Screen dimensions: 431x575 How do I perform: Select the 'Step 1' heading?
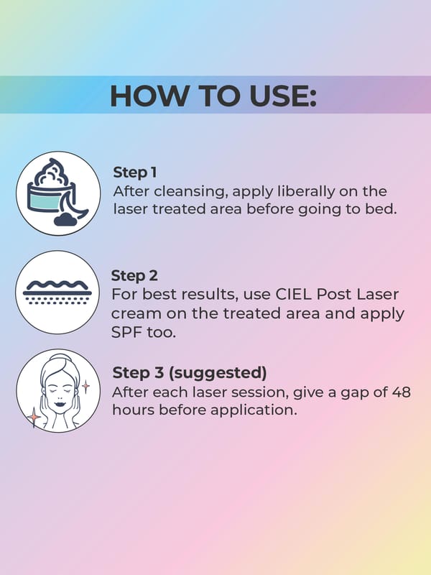[135, 172]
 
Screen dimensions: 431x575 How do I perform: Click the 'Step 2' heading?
[134, 276]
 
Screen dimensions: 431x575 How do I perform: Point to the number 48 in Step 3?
[402, 392]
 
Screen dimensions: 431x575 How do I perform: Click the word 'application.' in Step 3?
[254, 410]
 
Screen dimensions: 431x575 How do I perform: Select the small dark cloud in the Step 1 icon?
[65, 220]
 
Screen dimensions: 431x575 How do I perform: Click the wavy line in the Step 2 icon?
[57, 285]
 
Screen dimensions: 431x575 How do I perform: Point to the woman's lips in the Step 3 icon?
[60, 405]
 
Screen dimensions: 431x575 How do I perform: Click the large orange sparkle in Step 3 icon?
[34, 418]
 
